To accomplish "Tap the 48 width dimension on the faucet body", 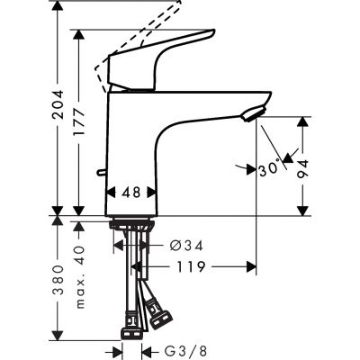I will click(x=131, y=192).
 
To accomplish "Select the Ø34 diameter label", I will click(x=186, y=244).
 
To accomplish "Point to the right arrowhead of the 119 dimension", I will click(x=248, y=266).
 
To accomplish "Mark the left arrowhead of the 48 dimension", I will click(x=112, y=192).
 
